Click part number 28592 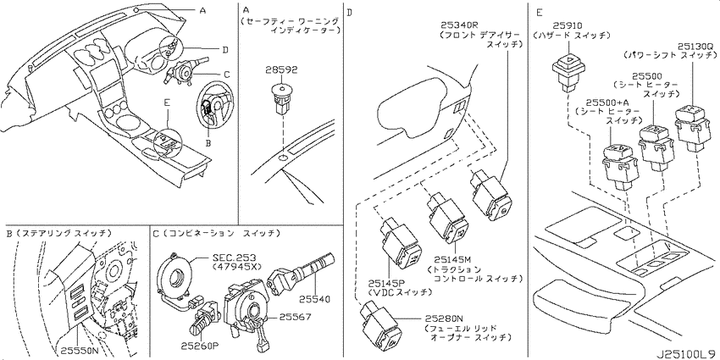tap(281, 69)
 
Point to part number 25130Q tap(696, 46)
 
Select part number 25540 tap(314, 299)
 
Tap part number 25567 tap(295, 317)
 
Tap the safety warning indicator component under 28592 tap(282, 98)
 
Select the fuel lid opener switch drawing tap(379, 323)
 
